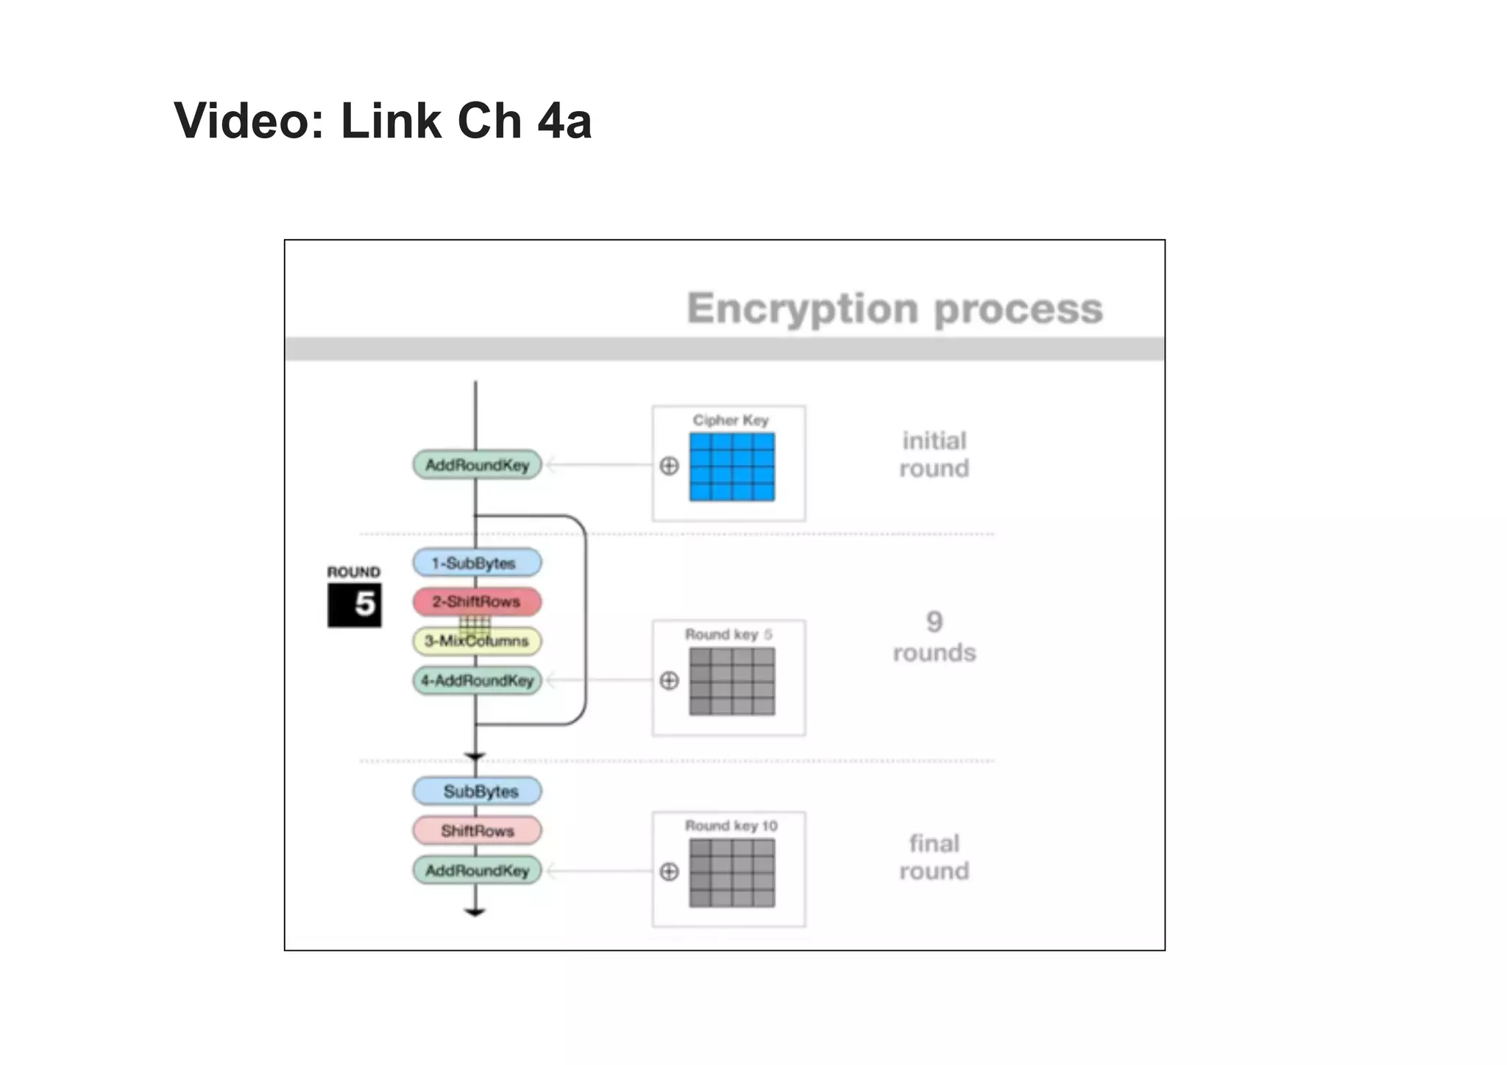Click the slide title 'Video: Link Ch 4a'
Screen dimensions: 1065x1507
click(382, 121)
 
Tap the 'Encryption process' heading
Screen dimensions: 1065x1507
click(894, 308)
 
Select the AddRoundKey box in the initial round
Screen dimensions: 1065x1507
click(477, 465)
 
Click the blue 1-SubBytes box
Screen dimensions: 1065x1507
click(477, 563)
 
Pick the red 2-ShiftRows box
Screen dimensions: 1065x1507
click(477, 601)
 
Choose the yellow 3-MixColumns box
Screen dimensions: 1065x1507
click(477, 641)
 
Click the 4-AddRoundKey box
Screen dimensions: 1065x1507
click(477, 680)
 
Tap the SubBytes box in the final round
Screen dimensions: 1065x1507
click(477, 791)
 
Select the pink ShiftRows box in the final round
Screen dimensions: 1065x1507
click(477, 831)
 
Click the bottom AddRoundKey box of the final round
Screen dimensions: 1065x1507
click(477, 871)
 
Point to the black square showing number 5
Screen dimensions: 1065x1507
click(355, 605)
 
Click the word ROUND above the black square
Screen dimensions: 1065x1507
click(354, 572)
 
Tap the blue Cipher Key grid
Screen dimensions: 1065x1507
click(731, 467)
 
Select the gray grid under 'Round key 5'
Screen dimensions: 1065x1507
click(731, 681)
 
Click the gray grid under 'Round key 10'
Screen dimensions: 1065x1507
click(731, 873)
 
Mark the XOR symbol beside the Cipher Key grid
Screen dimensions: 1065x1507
click(669, 466)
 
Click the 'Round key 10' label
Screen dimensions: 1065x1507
click(731, 826)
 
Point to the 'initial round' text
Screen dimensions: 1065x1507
click(934, 454)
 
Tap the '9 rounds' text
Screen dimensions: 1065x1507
click(934, 637)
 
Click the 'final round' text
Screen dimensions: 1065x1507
click(934, 857)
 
